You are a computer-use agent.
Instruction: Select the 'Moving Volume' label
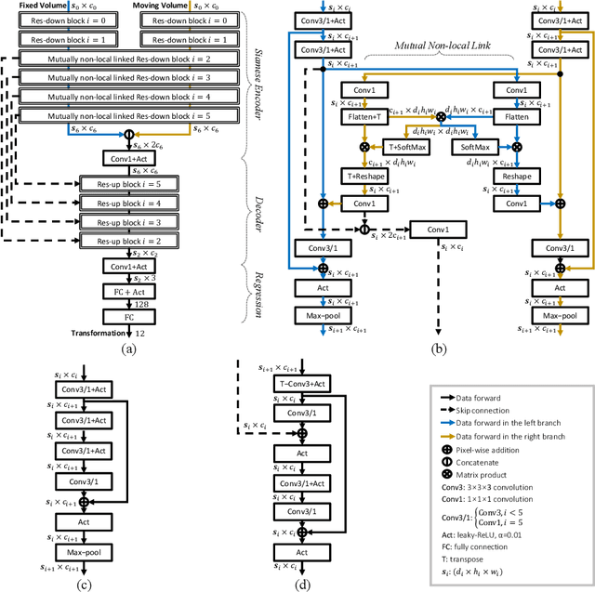click(x=167, y=6)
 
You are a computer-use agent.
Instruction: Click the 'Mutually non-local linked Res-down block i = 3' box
click(x=131, y=77)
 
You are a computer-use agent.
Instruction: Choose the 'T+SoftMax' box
click(x=405, y=147)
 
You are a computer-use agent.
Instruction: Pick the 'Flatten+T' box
click(x=364, y=118)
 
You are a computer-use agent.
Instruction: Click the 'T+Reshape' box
click(x=364, y=177)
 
